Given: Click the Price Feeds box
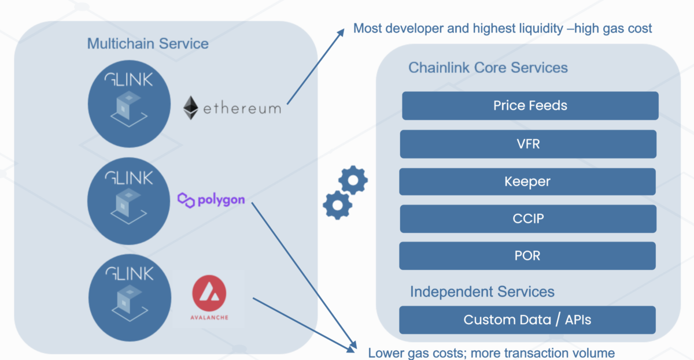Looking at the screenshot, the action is (530, 106).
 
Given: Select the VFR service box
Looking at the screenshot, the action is (528, 144).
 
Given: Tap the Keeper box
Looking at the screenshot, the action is (527, 181).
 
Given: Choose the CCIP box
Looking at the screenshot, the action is (528, 218).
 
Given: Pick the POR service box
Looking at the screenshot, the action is (527, 255).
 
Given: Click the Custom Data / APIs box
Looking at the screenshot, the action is (527, 320).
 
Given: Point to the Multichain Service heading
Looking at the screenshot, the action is (148, 44).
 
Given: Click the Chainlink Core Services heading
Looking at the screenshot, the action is (488, 68).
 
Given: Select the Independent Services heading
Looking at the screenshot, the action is (482, 292).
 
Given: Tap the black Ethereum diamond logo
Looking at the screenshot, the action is (190, 107).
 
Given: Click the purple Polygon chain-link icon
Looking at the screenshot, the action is (186, 201).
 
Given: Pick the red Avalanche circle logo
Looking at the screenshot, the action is (209, 293).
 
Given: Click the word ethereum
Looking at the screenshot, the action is (242, 109).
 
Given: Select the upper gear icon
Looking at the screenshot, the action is (353, 180).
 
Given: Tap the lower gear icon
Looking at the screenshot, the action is (337, 205).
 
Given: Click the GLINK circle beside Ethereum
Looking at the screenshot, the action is (129, 103).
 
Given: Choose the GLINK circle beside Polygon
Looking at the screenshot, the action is (128, 201).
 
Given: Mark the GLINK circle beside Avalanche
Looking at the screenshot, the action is (130, 298).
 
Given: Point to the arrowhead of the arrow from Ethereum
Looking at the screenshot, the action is (342, 31).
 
